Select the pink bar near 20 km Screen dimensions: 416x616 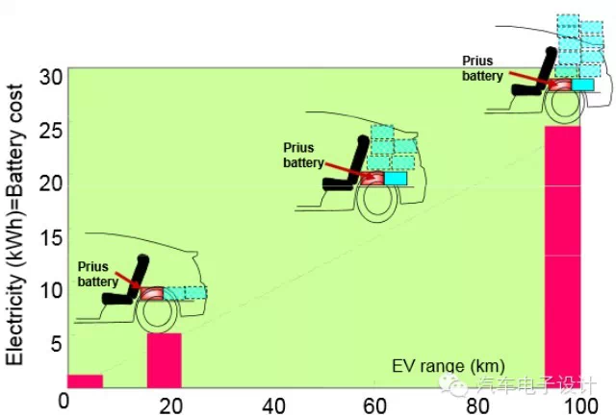(x=164, y=359)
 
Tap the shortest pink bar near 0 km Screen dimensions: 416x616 (x=85, y=380)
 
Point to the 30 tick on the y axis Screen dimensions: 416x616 (x=50, y=74)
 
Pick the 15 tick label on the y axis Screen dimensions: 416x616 (x=50, y=236)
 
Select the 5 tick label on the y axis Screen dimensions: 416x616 (x=55, y=343)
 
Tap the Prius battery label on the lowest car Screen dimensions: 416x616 (x=99, y=273)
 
